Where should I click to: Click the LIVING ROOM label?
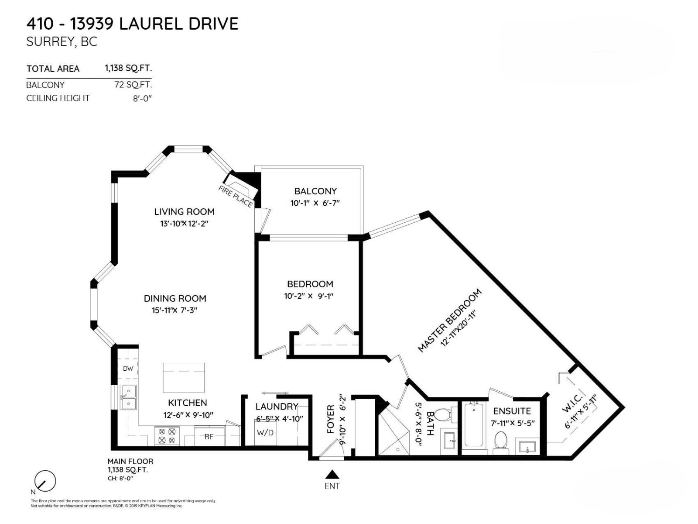coord(184,212)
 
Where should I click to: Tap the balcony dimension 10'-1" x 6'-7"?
coord(315,203)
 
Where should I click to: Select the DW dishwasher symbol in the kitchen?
coord(128,369)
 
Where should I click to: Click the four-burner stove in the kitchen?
coord(167,436)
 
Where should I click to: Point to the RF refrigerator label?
coord(209,436)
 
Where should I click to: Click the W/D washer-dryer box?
coord(265,433)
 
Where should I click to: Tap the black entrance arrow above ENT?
coord(332,474)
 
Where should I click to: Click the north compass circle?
coord(45,481)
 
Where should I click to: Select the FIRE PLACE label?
coord(236,196)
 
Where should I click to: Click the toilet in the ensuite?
coord(500,441)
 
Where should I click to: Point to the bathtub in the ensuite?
coord(474,426)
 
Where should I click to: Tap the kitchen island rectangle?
coord(184,378)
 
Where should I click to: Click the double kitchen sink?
coord(128,397)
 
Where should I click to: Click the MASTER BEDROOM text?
coord(449,320)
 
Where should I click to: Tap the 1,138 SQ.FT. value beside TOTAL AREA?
coord(128,68)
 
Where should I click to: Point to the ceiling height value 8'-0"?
coord(142,98)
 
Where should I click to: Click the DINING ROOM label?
coord(175,299)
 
